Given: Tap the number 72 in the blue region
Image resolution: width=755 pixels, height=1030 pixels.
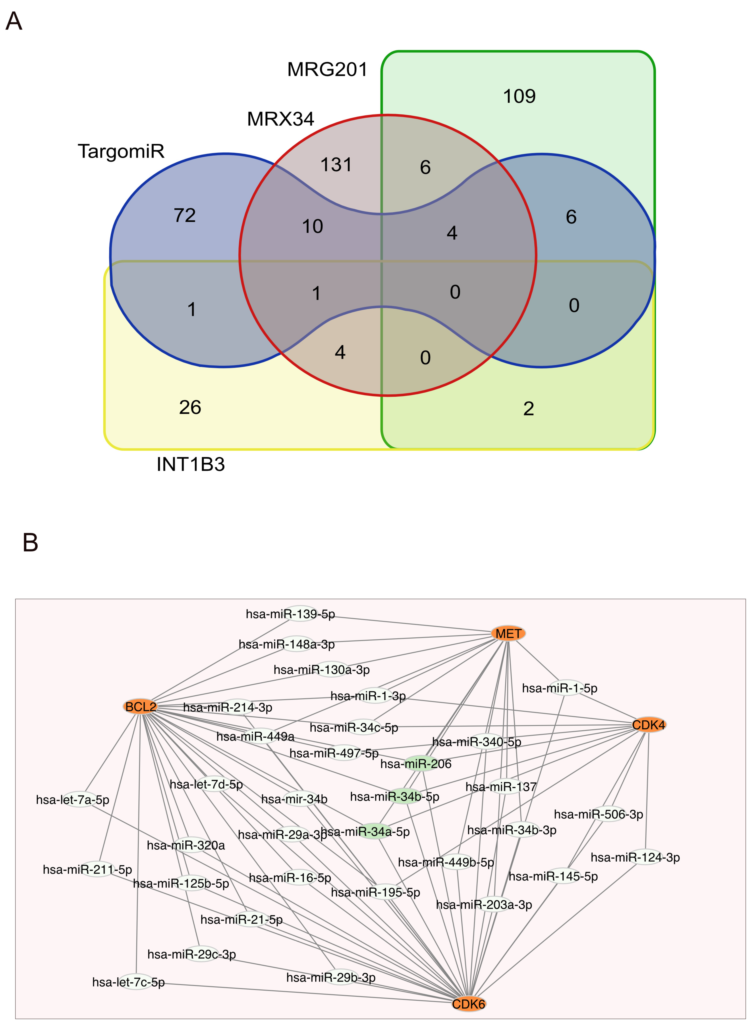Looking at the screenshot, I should click(x=185, y=215).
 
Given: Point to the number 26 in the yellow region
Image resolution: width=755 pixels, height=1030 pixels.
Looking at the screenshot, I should click(x=190, y=407).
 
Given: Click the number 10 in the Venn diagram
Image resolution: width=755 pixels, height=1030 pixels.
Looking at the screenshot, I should click(x=313, y=226).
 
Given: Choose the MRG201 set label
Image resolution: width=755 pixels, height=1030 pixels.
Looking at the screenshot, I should click(x=327, y=70).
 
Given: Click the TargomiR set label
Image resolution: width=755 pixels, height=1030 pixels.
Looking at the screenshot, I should click(x=121, y=151).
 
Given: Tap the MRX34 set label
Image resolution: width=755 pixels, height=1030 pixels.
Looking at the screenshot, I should click(x=281, y=119).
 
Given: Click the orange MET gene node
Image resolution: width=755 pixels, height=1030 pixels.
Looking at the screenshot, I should click(x=508, y=633).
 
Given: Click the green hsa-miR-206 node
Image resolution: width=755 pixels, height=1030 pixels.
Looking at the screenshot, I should click(x=416, y=764).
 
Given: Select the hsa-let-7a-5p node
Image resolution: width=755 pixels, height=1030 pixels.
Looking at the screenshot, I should click(x=73, y=800).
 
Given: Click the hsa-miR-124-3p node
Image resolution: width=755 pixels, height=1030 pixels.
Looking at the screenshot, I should click(x=635, y=857).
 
